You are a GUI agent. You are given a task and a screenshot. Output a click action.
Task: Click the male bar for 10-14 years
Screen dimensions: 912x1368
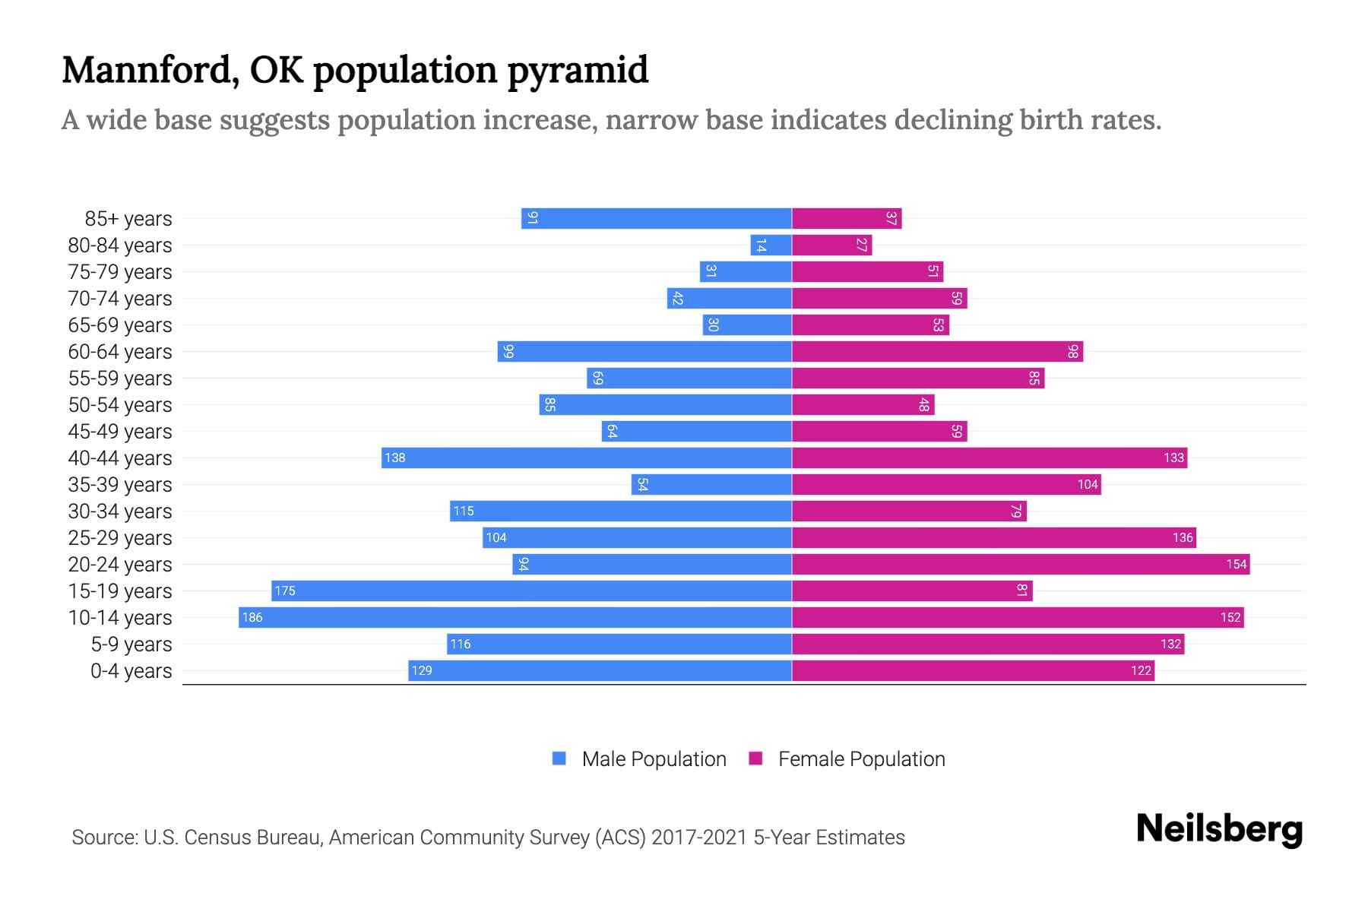(x=515, y=617)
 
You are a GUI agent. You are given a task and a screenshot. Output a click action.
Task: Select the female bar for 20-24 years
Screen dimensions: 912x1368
(x=1021, y=564)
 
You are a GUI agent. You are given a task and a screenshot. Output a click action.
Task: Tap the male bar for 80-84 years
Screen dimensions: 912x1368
(x=771, y=245)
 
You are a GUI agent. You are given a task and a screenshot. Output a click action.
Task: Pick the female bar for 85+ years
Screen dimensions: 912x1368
(x=847, y=218)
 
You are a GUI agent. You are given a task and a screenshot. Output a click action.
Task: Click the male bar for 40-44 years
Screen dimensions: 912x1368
(x=587, y=458)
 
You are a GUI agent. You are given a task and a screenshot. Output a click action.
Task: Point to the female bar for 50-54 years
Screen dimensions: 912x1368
(x=863, y=404)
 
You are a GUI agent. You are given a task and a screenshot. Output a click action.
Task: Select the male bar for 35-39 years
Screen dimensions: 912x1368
(x=711, y=484)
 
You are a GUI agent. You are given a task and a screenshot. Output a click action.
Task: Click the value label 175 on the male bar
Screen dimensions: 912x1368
(x=285, y=591)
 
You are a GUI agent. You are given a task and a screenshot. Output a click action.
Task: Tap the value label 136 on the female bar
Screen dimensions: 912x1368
(x=1183, y=538)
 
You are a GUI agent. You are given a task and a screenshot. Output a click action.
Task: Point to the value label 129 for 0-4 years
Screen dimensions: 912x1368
(x=422, y=671)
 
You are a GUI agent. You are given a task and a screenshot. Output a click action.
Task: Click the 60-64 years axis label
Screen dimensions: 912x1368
(x=120, y=352)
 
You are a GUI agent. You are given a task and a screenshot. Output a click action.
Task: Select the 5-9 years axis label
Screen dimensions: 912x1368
(x=131, y=644)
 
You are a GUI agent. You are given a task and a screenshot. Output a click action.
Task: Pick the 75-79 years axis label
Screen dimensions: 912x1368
(x=120, y=272)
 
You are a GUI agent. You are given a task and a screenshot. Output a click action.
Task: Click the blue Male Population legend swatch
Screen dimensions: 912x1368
(x=559, y=758)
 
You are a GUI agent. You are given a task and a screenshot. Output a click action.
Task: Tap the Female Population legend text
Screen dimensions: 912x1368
(x=861, y=759)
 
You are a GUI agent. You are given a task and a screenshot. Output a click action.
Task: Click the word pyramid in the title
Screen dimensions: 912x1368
(x=578, y=71)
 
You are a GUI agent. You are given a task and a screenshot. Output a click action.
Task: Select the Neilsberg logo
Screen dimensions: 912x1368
(x=1219, y=829)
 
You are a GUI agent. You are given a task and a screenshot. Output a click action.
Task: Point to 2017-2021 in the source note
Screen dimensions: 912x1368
(x=699, y=838)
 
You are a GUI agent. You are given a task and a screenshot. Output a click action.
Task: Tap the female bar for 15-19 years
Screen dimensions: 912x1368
(x=912, y=591)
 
